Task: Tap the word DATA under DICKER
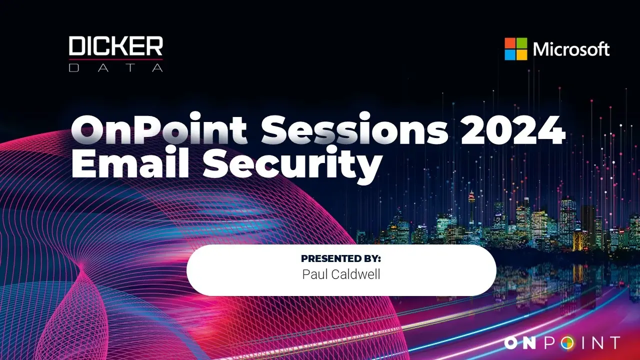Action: tap(115, 67)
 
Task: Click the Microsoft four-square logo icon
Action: tap(515, 49)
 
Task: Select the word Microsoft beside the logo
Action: tap(571, 49)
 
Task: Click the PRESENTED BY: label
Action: tap(341, 258)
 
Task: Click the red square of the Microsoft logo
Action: tap(510, 43)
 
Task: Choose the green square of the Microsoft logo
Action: tap(521, 43)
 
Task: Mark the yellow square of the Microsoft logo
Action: tap(521, 55)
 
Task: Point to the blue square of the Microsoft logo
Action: tap(510, 55)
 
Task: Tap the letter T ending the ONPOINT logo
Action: tap(613, 343)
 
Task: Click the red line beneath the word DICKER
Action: tap(115, 59)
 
